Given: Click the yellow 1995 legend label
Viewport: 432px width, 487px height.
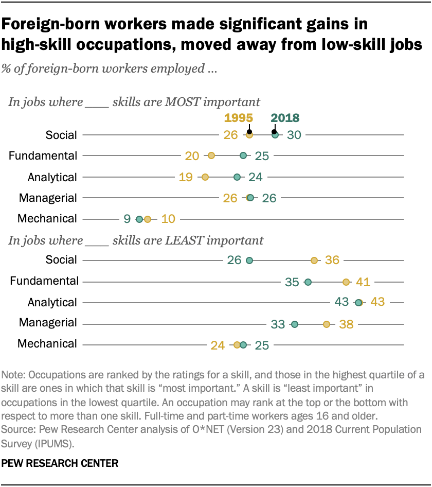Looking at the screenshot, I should tap(238, 118).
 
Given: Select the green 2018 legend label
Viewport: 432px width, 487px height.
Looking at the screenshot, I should tap(285, 118).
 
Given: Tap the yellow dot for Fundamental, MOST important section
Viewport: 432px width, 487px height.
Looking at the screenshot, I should tap(211, 155).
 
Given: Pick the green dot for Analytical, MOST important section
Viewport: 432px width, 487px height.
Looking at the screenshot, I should tap(237, 177).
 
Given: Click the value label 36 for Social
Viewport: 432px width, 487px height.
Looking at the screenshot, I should tap(332, 260).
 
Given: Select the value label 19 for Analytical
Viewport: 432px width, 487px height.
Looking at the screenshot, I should tap(186, 177).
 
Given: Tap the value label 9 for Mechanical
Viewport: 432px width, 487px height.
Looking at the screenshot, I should tap(127, 219).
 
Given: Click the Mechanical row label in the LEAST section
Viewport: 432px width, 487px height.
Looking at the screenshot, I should tap(47, 344).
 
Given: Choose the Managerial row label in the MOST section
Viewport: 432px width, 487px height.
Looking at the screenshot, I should tap(48, 198).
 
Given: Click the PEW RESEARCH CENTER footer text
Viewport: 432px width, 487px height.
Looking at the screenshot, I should tap(60, 463).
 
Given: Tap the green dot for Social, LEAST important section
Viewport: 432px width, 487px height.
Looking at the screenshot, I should tap(249, 260).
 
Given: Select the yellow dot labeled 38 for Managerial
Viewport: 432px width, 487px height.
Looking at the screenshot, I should tap(326, 324).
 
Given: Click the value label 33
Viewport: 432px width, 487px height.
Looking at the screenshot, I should tap(278, 324).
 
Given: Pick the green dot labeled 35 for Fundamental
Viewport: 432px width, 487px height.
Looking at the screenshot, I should tap(308, 282).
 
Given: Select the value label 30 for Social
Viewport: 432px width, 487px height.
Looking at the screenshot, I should tap(295, 135).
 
